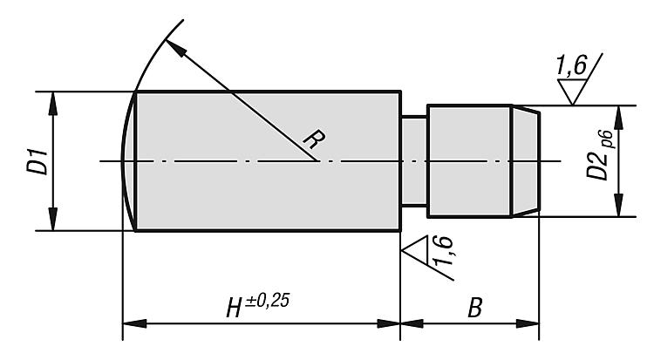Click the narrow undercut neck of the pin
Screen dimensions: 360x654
413,161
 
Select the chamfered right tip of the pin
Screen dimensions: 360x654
525,161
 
